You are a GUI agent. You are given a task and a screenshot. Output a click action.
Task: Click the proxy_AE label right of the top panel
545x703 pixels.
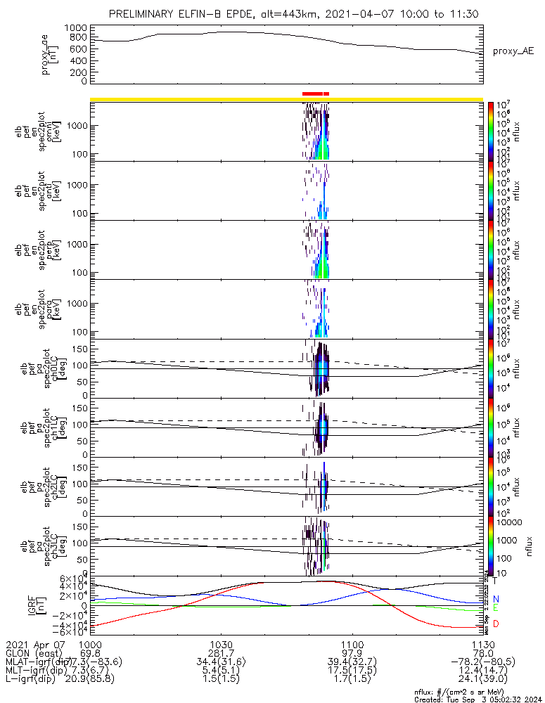pos(513,51)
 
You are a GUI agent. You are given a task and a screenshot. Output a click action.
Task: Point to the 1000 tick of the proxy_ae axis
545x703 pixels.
pos(75,27)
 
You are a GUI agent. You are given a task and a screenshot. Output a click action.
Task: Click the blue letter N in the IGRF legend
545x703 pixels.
pos(496,598)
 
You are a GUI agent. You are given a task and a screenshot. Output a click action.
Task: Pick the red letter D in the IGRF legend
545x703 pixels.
pos(496,624)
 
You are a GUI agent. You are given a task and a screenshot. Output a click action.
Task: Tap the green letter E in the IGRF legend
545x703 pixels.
pos(496,608)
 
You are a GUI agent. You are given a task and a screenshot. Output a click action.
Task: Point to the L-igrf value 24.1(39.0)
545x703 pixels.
pos(478,681)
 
